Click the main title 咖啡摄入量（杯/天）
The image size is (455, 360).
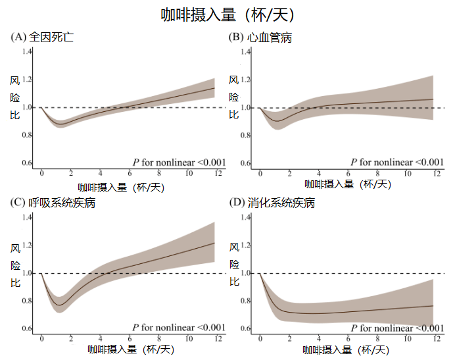click(228, 14)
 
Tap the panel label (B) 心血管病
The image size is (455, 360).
click(260, 38)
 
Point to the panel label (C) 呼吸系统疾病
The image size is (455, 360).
click(53, 203)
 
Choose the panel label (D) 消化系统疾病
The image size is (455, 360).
click(272, 203)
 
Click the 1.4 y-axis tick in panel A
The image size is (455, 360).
click(27, 51)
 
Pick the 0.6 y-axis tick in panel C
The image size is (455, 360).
click(27, 328)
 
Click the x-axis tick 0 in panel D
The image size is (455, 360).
click(260, 338)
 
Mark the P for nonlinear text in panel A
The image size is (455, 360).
click(179, 162)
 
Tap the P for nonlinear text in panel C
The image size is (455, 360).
click(179, 327)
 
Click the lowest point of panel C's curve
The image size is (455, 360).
click(60, 305)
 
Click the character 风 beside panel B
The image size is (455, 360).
click(233, 80)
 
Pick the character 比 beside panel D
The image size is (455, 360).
click(233, 282)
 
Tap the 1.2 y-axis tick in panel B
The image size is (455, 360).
click(246, 80)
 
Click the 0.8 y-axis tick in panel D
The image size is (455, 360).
click(246, 301)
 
